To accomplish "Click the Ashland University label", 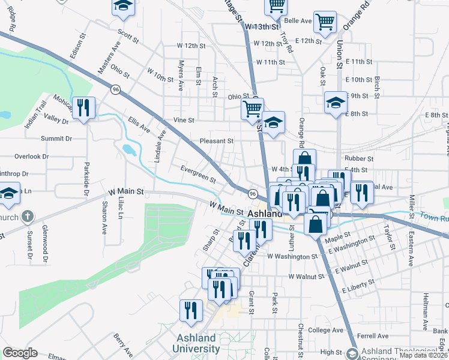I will pyautogui.click(x=196, y=343).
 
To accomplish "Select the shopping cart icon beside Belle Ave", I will pyautogui.click(x=325, y=22).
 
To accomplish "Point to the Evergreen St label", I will pyautogui.click(x=198, y=174).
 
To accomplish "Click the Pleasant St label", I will pyautogui.click(x=216, y=141).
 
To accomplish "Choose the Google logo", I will pyautogui.click(x=20, y=353).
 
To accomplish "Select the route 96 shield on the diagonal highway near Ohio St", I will pyautogui.click(x=115, y=89).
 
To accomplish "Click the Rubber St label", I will pyautogui.click(x=360, y=159).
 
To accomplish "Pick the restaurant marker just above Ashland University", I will pyautogui.click(x=190, y=310).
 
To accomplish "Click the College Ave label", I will pyautogui.click(x=325, y=330).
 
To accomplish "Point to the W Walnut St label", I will pyautogui.click(x=306, y=277).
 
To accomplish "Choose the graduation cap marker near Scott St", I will pyautogui.click(x=122, y=7).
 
